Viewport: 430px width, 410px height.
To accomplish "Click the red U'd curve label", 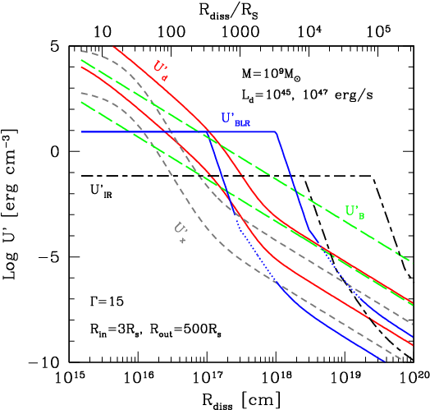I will (161, 71).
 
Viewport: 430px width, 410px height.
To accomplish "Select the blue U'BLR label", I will (236, 119).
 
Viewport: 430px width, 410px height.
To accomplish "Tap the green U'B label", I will (355, 212).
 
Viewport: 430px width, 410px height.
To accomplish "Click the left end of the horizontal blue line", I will (82, 131).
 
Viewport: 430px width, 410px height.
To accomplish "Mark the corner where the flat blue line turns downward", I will (277, 131).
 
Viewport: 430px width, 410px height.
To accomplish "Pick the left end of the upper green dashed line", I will (82, 60).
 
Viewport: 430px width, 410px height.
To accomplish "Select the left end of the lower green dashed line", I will (82, 102).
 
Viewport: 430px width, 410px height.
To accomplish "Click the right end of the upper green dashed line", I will (410, 262).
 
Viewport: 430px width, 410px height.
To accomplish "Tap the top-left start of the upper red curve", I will (114, 48).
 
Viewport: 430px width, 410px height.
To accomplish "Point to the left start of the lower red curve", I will (82, 67).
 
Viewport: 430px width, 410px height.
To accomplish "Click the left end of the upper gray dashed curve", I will (82, 51).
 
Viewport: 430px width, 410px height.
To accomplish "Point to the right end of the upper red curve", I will (411, 302).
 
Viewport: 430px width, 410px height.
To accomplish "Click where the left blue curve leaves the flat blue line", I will (210, 133).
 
